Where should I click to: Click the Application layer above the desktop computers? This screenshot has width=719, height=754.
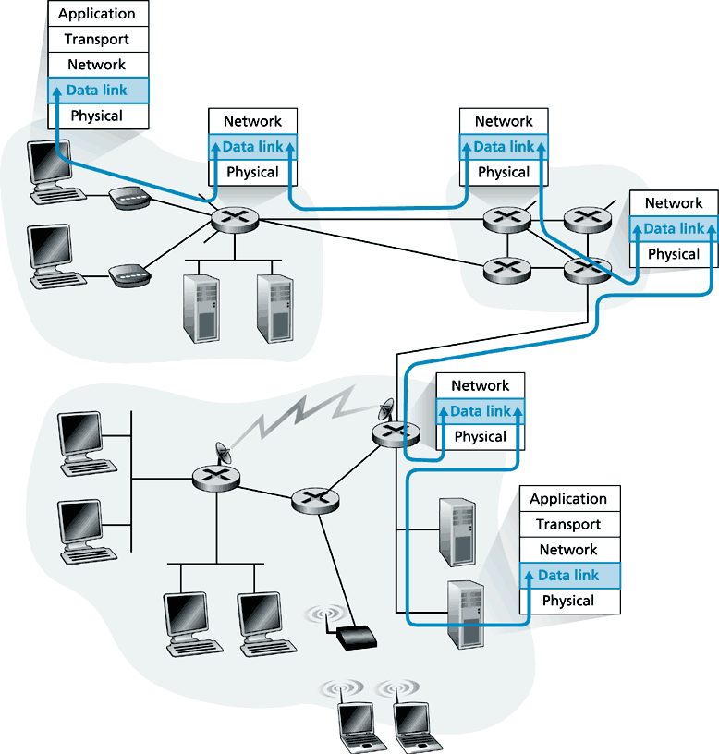[x=97, y=14]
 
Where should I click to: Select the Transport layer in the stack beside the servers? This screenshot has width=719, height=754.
[x=568, y=524]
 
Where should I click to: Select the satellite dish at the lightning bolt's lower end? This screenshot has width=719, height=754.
[x=224, y=454]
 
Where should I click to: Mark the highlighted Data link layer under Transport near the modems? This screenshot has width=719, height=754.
[x=97, y=91]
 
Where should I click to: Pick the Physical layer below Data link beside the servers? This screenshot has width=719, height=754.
[x=568, y=601]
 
